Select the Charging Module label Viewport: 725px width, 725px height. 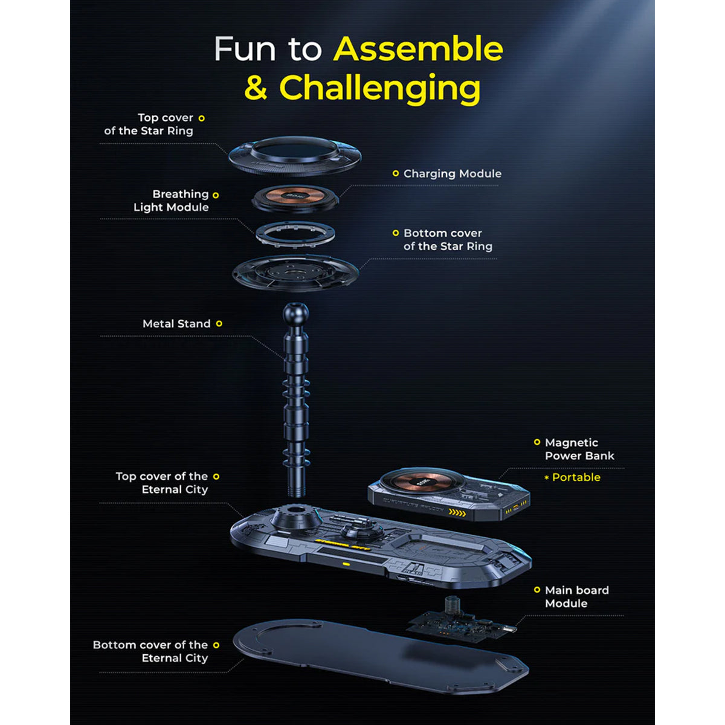pos(453,173)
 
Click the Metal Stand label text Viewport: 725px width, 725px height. pos(176,324)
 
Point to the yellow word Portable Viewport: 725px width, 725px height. pos(576,477)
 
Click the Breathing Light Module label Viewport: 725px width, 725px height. pos(171,201)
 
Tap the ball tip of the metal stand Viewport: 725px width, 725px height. pos(295,313)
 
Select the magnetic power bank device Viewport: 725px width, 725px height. pos(449,494)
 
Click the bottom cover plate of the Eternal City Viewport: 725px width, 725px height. pos(381,660)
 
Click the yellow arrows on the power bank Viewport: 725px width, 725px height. pos(457,512)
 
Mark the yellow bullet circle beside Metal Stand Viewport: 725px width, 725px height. pos(219,324)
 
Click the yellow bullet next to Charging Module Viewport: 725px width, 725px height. pos(395,173)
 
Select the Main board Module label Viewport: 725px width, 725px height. pos(577,597)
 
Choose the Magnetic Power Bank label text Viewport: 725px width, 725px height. pos(579,449)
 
